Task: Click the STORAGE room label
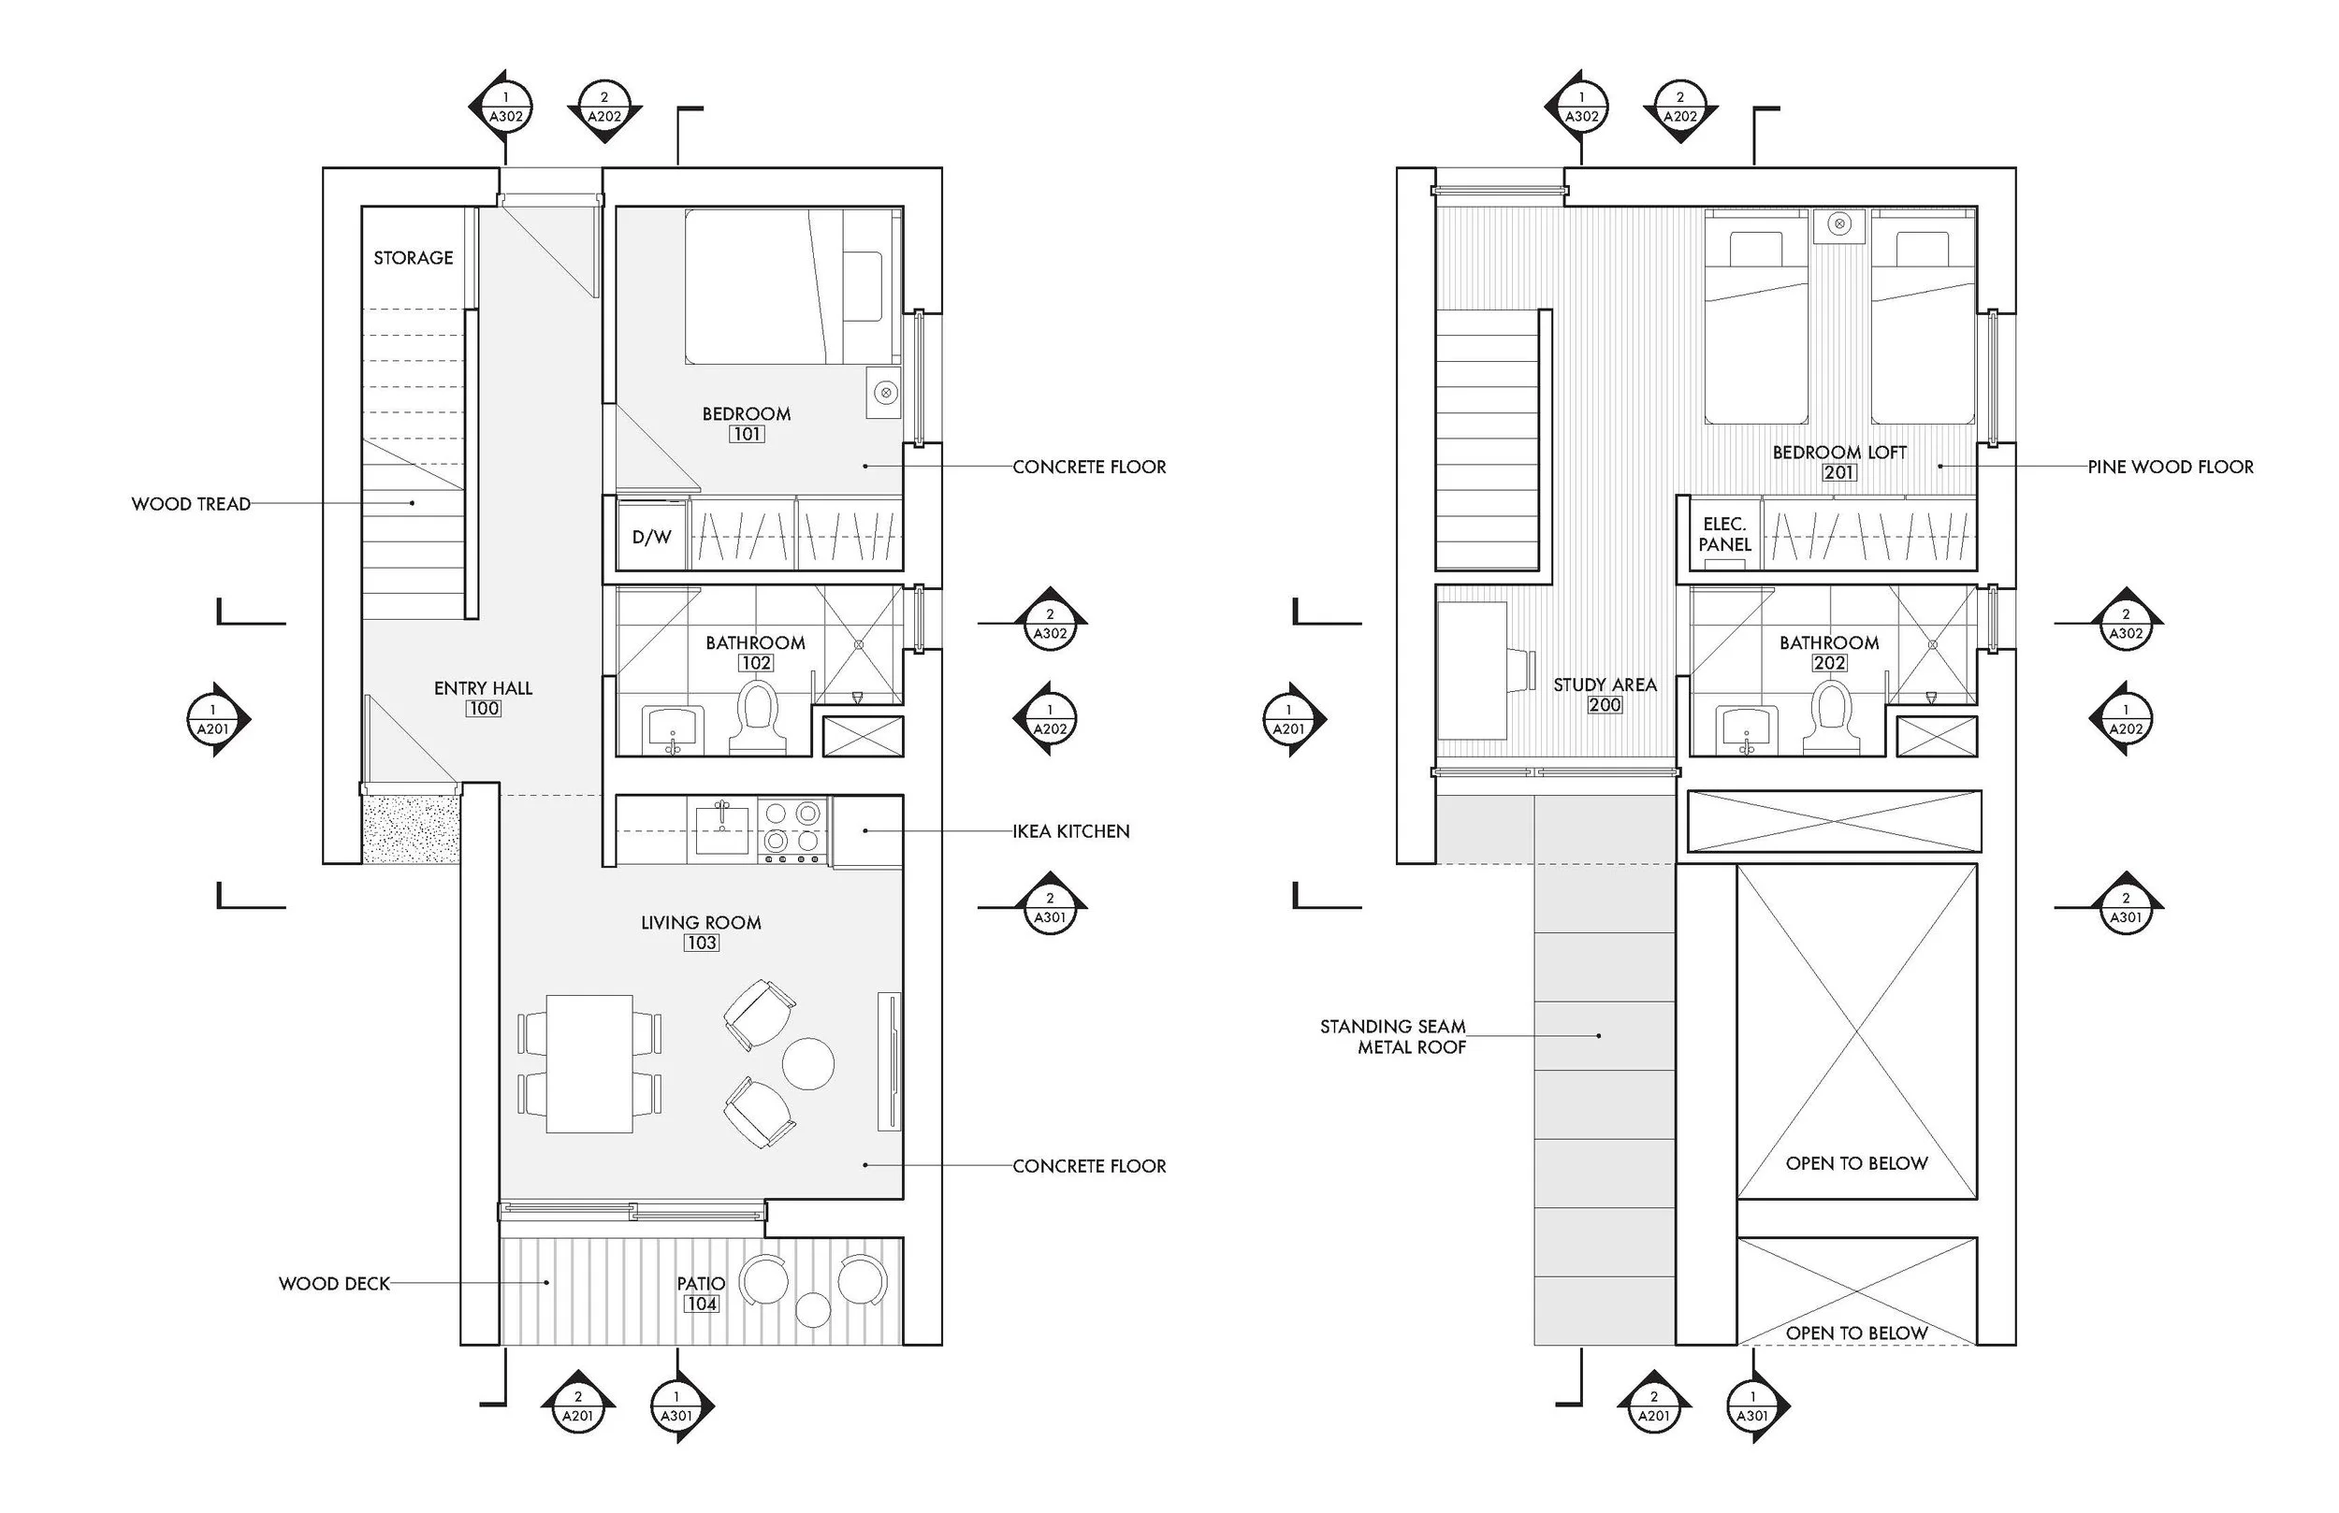pyautogui.click(x=413, y=257)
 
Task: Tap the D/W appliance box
pyautogui.click(x=651, y=537)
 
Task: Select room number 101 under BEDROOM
pyautogui.click(x=747, y=434)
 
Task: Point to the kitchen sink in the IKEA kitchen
pyautogui.click(x=722, y=829)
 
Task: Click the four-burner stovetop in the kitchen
pyautogui.click(x=792, y=828)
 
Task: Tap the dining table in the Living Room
pyautogui.click(x=589, y=1064)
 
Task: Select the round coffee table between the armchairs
pyautogui.click(x=807, y=1063)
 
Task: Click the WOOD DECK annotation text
pyautogui.click(x=334, y=1283)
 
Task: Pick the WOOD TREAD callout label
pyautogui.click(x=191, y=504)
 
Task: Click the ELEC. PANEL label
pyautogui.click(x=1724, y=535)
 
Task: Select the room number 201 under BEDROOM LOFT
pyautogui.click(x=1838, y=472)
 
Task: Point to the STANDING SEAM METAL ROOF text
pyautogui.click(x=1392, y=1036)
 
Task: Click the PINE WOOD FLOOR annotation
pyautogui.click(x=2170, y=467)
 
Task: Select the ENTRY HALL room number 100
pyautogui.click(x=484, y=709)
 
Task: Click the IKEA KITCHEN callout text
pyautogui.click(x=1071, y=831)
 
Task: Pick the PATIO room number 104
pyautogui.click(x=702, y=1304)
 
